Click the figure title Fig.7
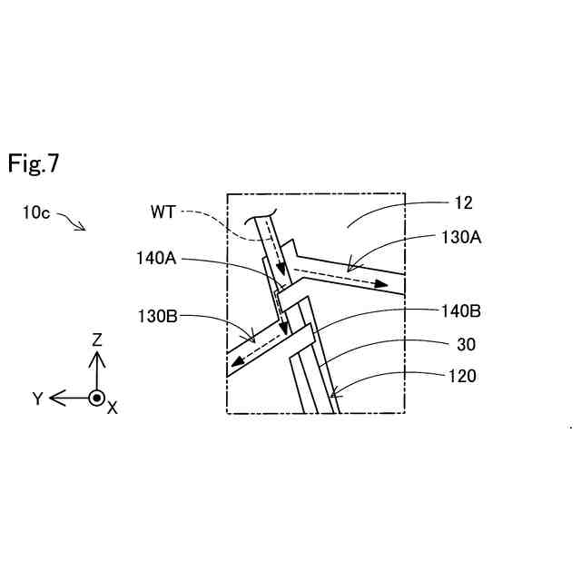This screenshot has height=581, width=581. (x=34, y=163)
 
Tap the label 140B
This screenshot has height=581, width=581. (x=459, y=311)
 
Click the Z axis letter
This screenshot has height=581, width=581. (x=97, y=340)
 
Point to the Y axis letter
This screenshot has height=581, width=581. (x=38, y=399)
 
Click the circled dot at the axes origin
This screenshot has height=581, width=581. (x=96, y=398)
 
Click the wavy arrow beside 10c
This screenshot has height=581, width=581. (x=72, y=221)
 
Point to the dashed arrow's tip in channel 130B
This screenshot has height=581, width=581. (x=233, y=366)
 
